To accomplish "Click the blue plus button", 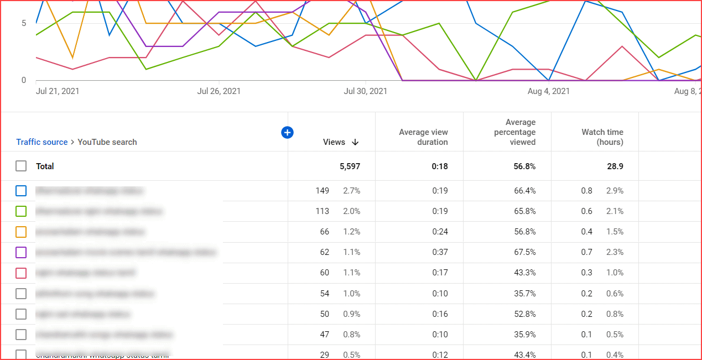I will pos(287,132).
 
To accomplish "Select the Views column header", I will pos(334,142).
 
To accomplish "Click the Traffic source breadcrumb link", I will pos(41,142).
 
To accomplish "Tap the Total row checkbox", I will pos(21,166).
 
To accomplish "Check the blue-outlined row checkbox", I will pos(21,191).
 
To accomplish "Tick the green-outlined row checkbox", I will pos(21,211).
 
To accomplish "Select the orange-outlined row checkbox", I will pos(21,232).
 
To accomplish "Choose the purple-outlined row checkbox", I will pos(21,252).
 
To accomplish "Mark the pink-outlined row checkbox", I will pos(21,273).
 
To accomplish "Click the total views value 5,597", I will pos(350,166).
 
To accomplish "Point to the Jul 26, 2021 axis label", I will pos(219,91).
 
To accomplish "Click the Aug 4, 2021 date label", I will pos(548,91).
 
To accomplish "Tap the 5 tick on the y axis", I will pos(24,23).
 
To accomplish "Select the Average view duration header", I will pos(423,137).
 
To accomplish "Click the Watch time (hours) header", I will pos(602,137).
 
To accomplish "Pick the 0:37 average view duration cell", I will pos(440,252).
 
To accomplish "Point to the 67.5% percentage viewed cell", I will pos(524,252).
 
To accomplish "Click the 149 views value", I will pos(322,191).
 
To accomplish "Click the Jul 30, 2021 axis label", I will pos(365,91).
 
